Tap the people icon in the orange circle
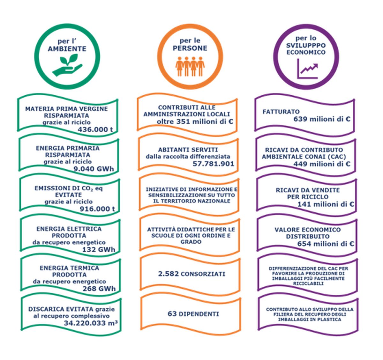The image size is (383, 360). point(190,66)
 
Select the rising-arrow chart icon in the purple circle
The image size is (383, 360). point(307,69)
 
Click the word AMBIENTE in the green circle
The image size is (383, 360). point(67,49)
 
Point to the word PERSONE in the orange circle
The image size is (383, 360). point(190,48)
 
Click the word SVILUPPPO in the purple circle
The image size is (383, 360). point(306,45)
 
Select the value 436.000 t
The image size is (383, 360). point(95,129)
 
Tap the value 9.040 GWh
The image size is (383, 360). point(94,169)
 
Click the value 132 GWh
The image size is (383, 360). point(98,249)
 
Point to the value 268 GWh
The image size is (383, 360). point(99,289)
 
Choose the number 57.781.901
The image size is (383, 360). point(213,164)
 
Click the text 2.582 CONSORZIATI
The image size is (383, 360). point(191,274)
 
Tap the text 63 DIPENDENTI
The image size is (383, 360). point(193,314)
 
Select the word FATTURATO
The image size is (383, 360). point(281,112)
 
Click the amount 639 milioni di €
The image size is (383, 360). point(322,119)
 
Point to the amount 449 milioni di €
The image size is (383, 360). point(322,164)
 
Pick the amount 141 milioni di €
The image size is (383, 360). point(326,204)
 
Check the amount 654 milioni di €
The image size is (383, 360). point(326,244)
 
